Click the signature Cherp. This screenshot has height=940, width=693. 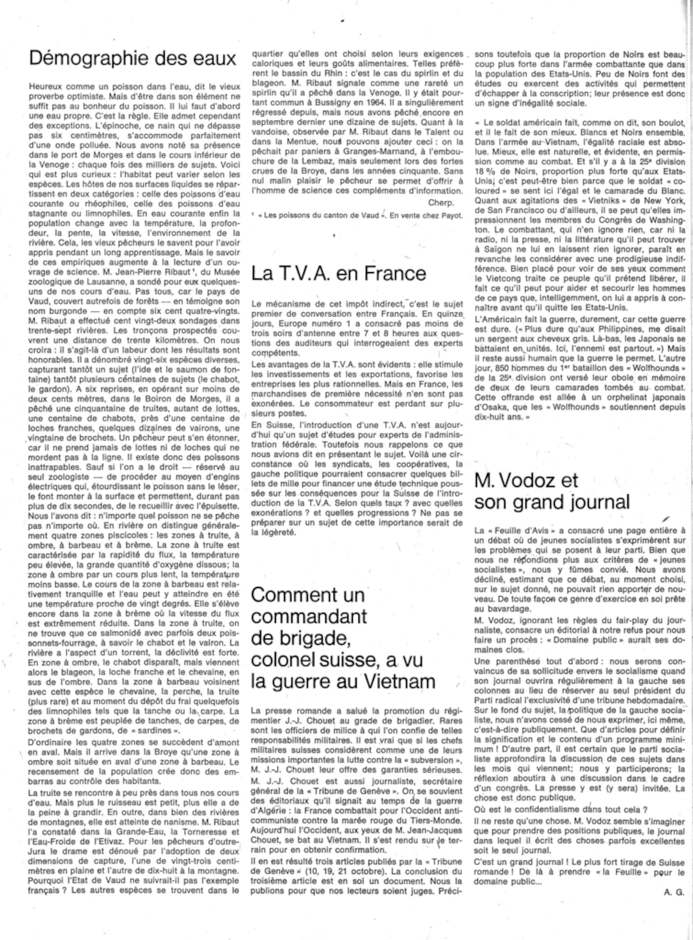[441, 203]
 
